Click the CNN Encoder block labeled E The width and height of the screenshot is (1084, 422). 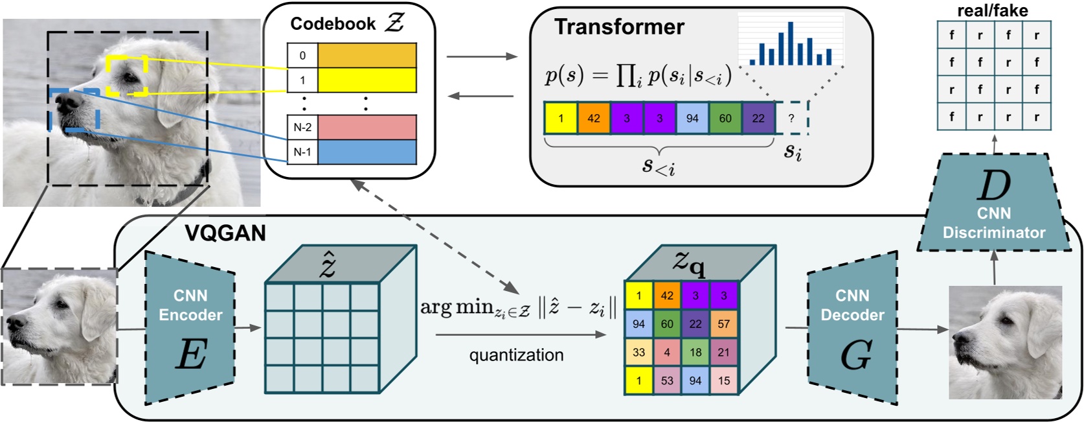tap(190, 327)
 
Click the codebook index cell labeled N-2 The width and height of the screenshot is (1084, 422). tap(302, 128)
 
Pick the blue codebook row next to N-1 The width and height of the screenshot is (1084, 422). tap(367, 152)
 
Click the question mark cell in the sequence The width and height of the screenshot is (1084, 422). tap(791, 118)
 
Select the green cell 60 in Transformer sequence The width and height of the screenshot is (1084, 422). tap(725, 118)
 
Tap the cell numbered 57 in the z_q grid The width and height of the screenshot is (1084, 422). tap(724, 324)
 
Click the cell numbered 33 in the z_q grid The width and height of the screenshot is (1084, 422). tap(638, 352)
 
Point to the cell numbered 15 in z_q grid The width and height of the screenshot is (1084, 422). tap(724, 381)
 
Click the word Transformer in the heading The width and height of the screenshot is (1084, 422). tap(619, 27)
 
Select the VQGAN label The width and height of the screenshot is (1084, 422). tap(225, 233)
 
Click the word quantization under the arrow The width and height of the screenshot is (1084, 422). tap(516, 355)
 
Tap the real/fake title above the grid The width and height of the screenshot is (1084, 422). tap(992, 10)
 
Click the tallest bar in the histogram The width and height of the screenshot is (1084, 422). tap(790, 44)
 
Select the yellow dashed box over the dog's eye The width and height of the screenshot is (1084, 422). tap(128, 75)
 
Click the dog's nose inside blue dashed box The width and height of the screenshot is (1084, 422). tap(65, 102)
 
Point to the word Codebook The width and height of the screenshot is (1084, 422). tap(332, 24)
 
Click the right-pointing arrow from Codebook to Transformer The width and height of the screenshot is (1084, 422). tap(482, 56)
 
